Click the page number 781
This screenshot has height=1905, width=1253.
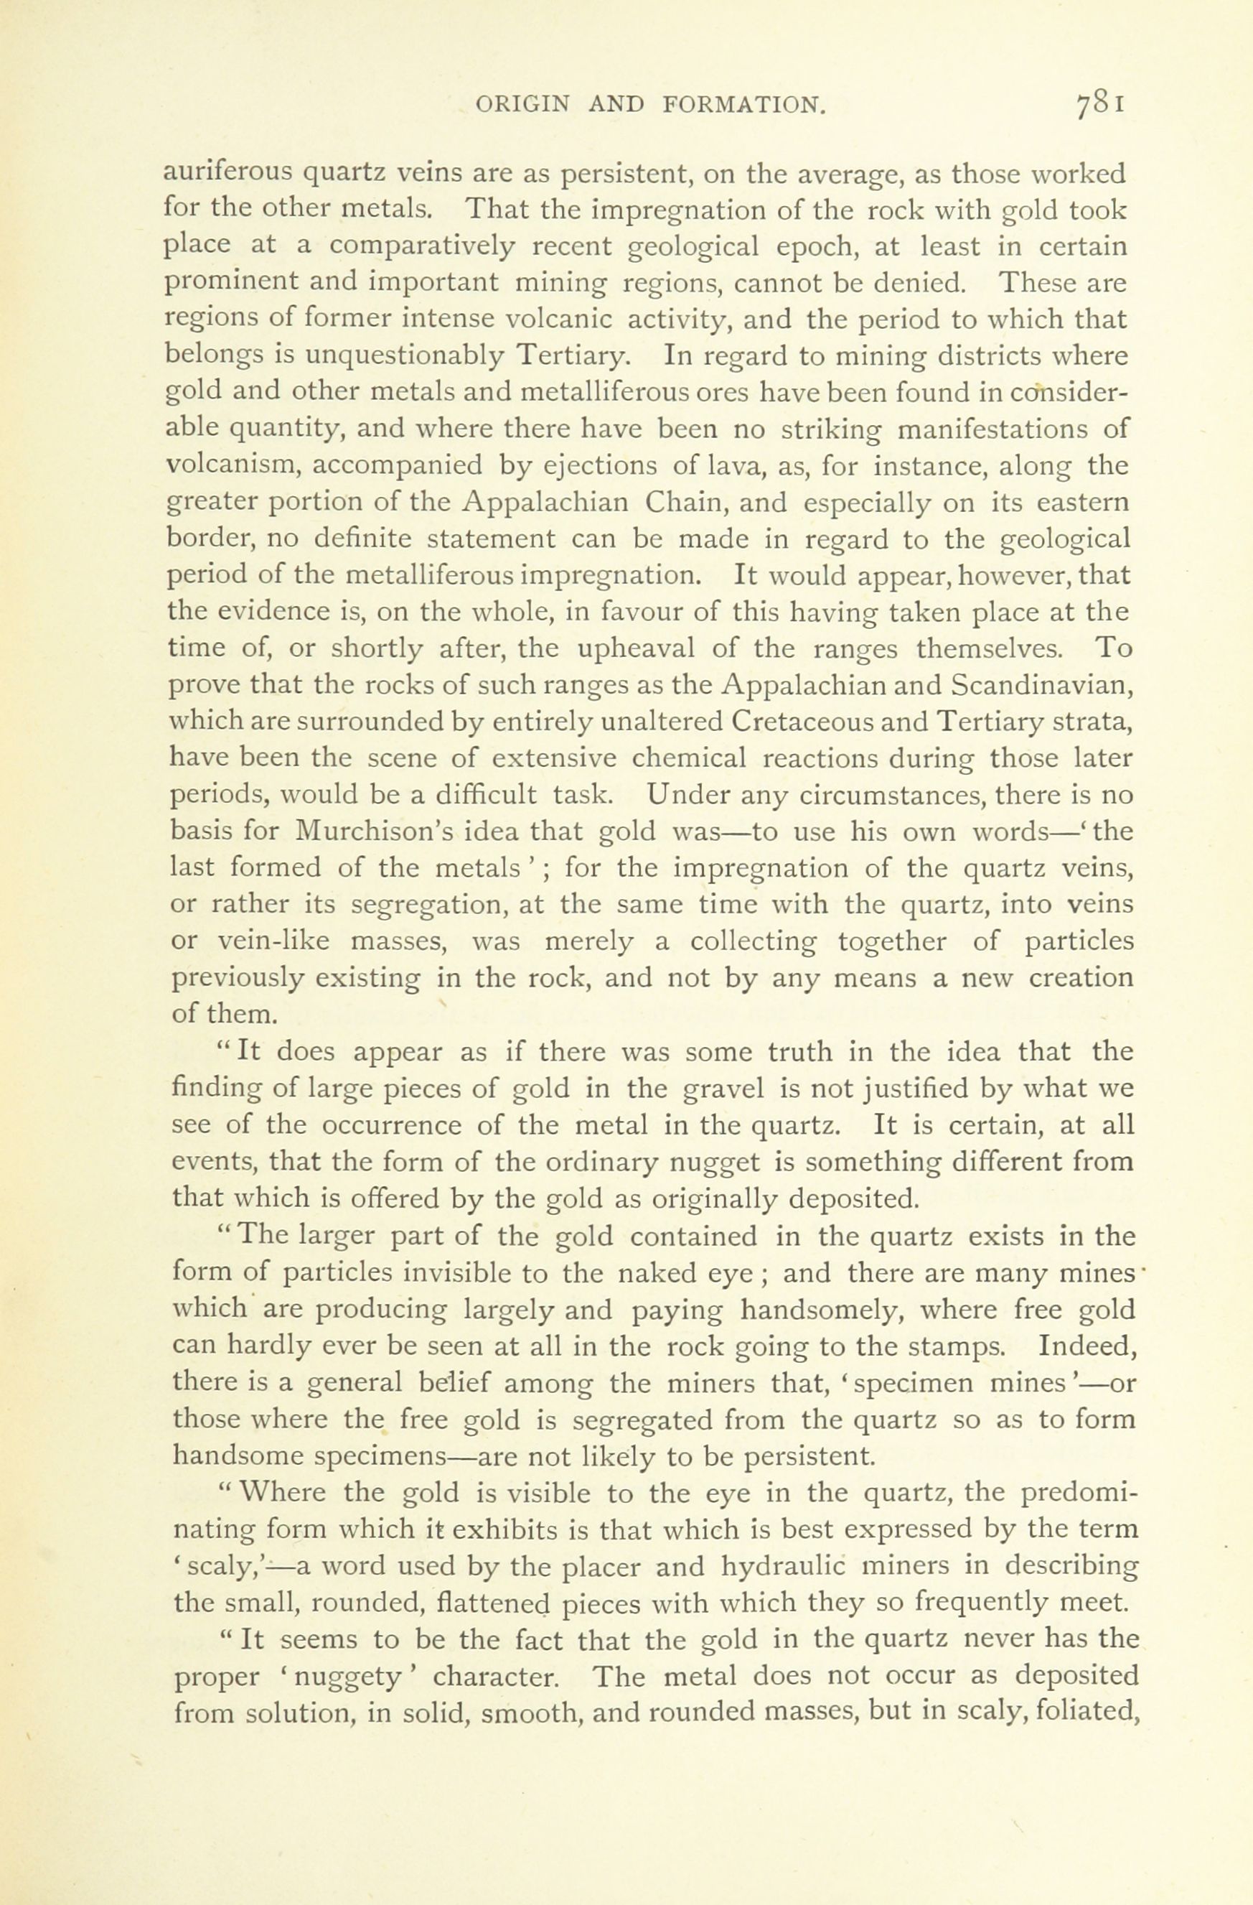coord(1101,105)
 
